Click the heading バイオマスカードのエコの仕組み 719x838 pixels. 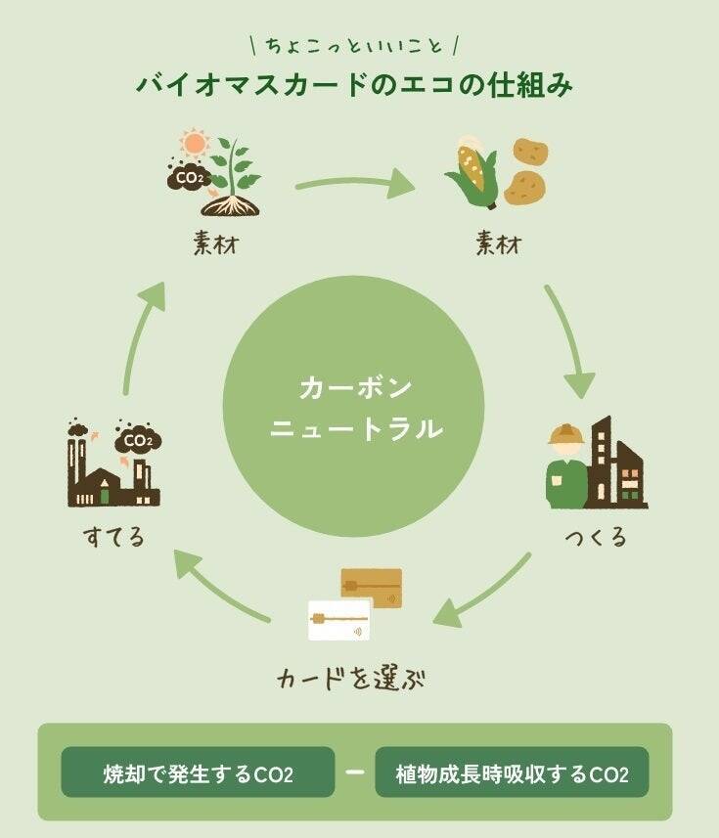353,84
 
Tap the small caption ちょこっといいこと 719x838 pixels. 354,45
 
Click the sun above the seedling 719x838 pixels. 195,144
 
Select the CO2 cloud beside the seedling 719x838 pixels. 188,178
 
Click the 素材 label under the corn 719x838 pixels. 497,243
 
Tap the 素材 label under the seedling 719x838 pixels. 215,243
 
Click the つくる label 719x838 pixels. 596,537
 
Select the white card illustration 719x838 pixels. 338,620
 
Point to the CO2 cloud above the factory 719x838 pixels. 138,442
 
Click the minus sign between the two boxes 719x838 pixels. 355,773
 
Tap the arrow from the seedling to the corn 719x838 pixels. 354,182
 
